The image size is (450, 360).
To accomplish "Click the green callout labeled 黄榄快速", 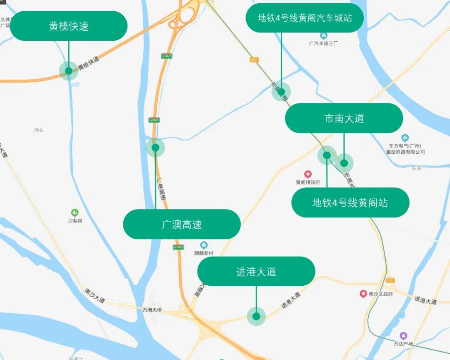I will (x=69, y=26).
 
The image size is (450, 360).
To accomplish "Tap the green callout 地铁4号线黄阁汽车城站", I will (x=305, y=18).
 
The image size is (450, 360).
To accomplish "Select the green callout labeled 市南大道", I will (x=344, y=118).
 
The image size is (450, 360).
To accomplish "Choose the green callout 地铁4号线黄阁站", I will (x=350, y=202).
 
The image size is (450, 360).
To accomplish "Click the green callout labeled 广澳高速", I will (x=182, y=225).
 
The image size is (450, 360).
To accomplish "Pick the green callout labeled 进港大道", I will (x=256, y=272).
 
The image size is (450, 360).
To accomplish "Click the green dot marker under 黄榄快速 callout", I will (x=69, y=71).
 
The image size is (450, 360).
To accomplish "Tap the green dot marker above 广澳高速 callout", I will (x=155, y=147).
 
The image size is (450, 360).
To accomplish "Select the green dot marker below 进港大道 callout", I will (x=256, y=316).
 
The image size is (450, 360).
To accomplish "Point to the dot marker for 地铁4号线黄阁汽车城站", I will (x=281, y=92).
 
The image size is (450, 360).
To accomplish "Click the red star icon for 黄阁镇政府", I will (x=308, y=174).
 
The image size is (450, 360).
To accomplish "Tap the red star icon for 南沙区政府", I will (x=363, y=294).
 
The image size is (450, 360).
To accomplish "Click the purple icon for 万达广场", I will (x=403, y=335).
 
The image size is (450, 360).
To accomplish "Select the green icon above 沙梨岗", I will (x=75, y=213).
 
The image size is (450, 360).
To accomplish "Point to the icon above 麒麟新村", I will (x=204, y=245).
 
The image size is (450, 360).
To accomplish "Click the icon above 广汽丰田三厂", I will (x=324, y=35).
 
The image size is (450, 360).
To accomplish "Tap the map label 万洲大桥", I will (x=152, y=310).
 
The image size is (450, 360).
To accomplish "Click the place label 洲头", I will (x=39, y=130).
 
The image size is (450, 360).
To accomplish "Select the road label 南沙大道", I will (x=95, y=295).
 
